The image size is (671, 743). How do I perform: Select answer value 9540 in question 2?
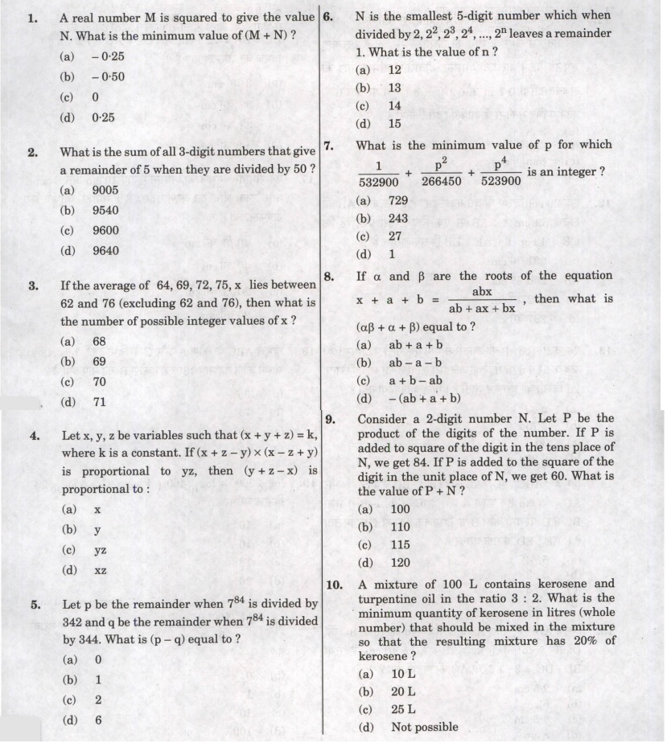[x=105, y=210]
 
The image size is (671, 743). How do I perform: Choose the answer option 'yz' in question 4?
[x=100, y=551]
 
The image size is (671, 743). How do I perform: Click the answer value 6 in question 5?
[x=98, y=720]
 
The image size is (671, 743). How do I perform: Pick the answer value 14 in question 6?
[x=394, y=105]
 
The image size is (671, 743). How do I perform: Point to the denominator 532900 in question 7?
[x=377, y=181]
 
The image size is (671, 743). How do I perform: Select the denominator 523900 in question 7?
[x=500, y=181]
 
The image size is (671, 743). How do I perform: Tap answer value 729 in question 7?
[x=397, y=200]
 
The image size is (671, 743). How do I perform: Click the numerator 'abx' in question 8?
[x=482, y=291]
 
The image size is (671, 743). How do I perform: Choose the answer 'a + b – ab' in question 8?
[x=415, y=380]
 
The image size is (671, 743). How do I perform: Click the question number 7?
[x=328, y=146]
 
